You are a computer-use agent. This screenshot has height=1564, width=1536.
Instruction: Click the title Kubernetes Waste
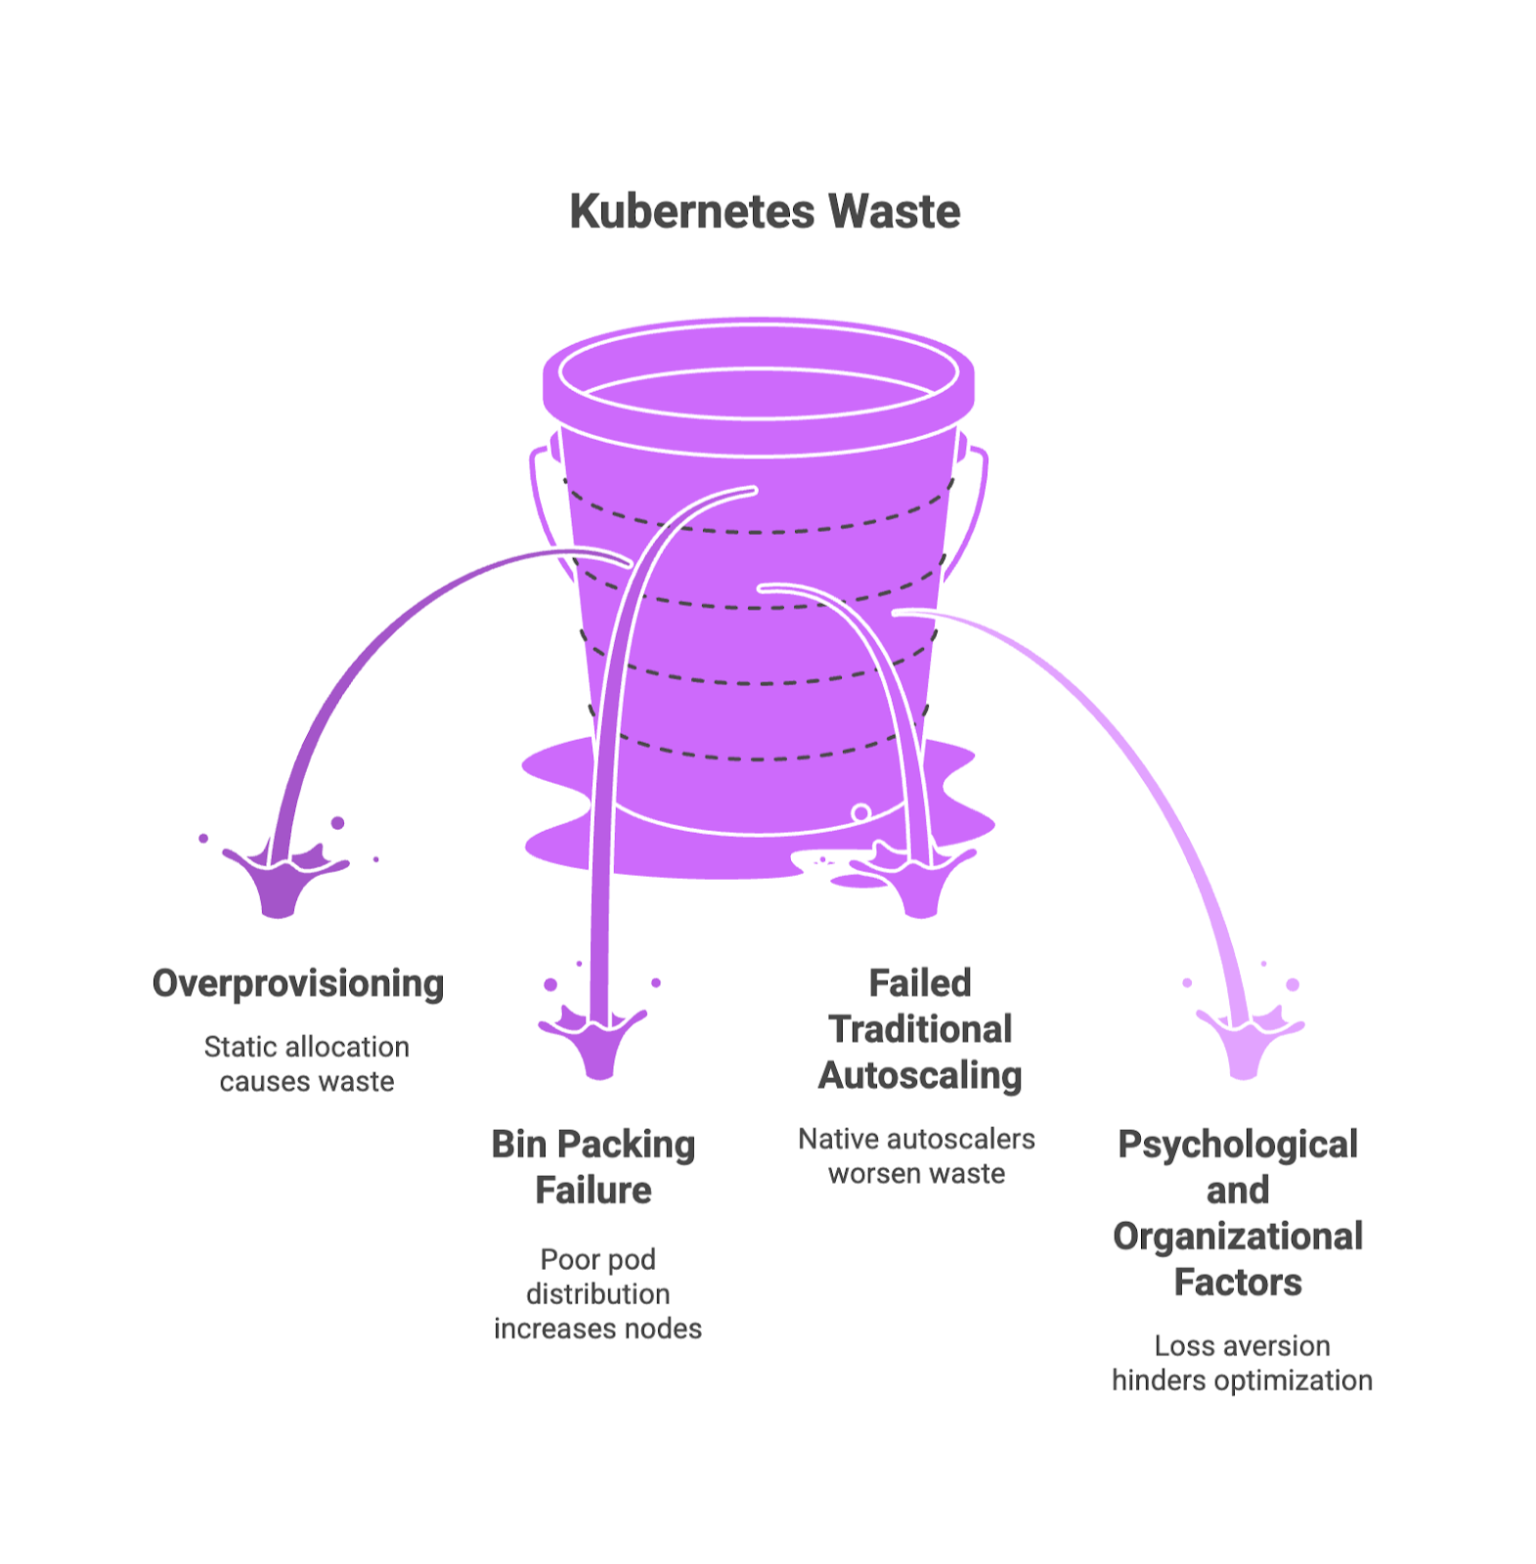click(765, 212)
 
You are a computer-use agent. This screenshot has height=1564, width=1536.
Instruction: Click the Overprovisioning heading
click(298, 983)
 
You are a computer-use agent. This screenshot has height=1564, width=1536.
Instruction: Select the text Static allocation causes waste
click(306, 1064)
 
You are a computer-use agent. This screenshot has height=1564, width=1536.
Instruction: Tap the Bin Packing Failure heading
click(592, 1166)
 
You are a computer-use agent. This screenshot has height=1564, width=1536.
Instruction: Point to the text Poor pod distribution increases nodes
click(597, 1293)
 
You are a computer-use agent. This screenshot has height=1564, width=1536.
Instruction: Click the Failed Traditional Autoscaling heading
click(919, 1028)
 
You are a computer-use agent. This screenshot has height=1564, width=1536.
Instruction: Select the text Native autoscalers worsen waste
click(916, 1155)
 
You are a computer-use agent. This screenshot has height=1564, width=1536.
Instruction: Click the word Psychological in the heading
click(1238, 1144)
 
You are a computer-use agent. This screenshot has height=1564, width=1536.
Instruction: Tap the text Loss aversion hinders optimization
click(1242, 1363)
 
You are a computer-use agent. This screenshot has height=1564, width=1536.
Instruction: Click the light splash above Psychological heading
click(1246, 1044)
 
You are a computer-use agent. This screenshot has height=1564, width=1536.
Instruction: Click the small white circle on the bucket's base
click(860, 812)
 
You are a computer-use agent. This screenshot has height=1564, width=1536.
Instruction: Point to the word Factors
click(1238, 1282)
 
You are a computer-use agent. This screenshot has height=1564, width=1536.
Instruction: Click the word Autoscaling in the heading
click(919, 1075)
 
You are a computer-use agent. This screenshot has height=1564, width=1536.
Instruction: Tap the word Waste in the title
click(894, 212)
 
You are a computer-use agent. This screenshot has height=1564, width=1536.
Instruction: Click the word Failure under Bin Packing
click(592, 1190)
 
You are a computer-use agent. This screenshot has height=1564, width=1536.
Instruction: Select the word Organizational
click(1238, 1236)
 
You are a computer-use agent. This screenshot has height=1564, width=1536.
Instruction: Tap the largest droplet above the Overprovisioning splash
click(337, 823)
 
